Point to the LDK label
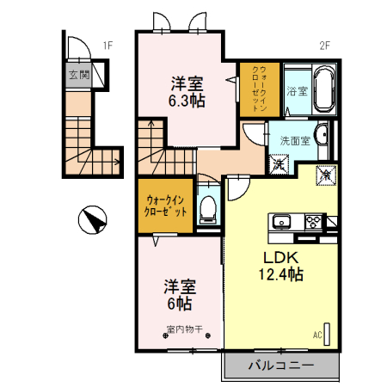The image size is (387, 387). coord(281,257)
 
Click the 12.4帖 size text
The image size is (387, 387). coord(281,274)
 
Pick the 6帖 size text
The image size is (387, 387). coord(178,304)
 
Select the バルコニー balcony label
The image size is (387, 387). coord(281,365)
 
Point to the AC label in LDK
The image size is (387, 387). coord(316,335)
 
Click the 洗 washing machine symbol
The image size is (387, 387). coord(279,161)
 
